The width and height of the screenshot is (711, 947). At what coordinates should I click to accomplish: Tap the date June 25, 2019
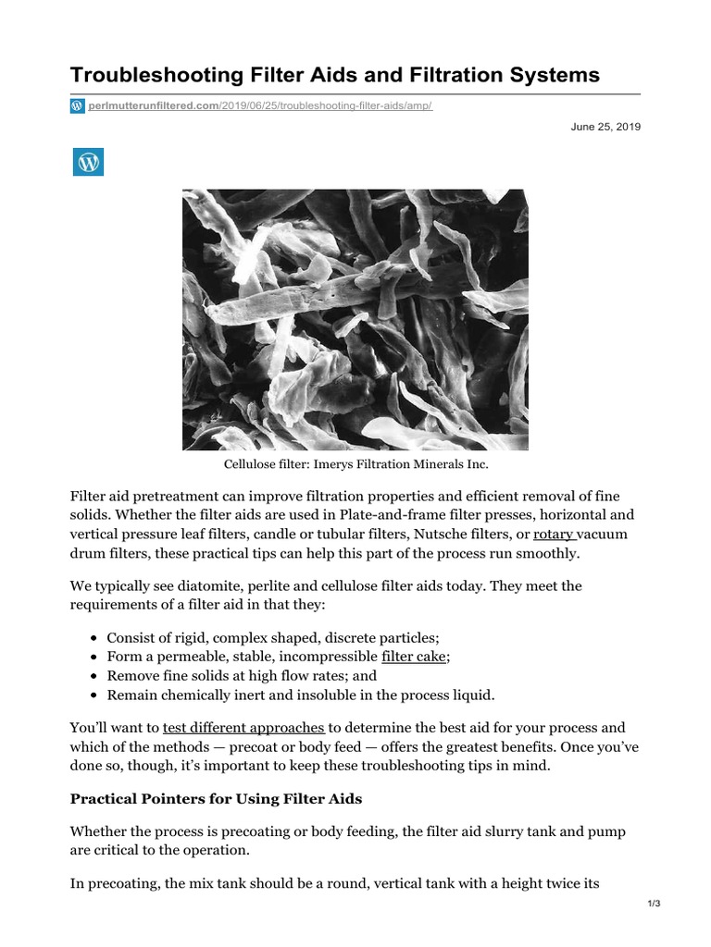[605, 127]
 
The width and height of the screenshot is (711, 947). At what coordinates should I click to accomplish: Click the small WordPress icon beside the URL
[77, 106]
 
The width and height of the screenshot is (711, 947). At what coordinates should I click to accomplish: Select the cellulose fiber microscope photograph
[355, 320]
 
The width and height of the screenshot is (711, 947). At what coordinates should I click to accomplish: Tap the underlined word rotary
[554, 534]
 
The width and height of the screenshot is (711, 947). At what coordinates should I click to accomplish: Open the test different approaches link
[243, 727]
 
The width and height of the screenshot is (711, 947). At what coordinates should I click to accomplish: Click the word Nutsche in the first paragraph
[443, 534]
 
